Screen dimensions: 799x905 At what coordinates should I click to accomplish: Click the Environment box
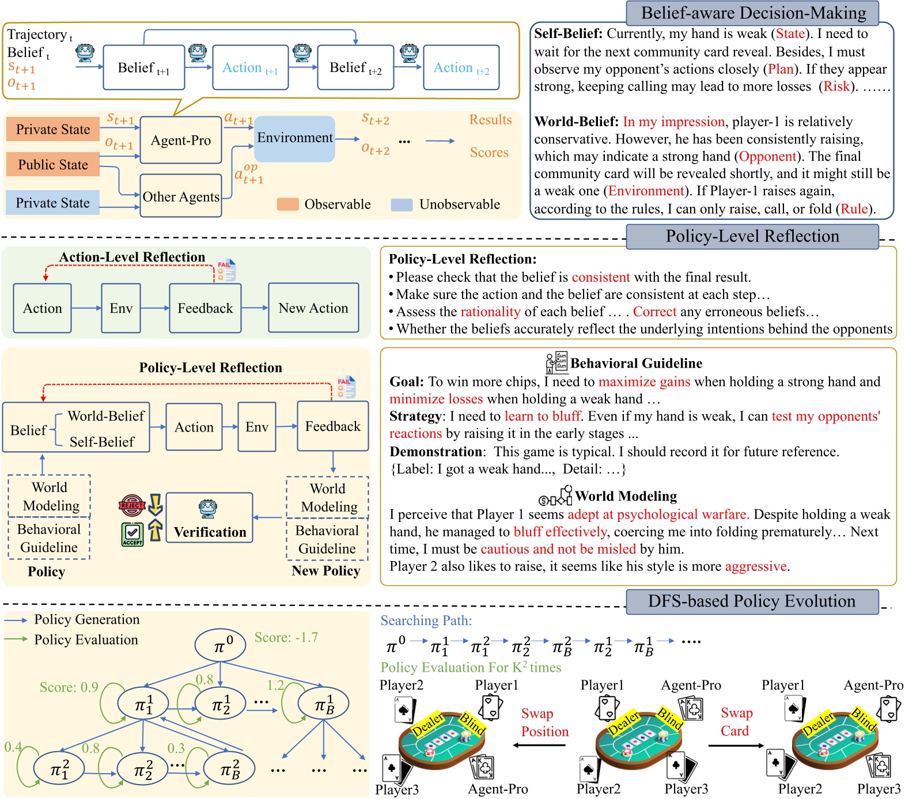pos(294,138)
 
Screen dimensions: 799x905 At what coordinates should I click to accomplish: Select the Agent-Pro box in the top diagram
pos(181,141)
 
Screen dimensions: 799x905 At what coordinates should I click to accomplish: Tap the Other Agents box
pos(181,196)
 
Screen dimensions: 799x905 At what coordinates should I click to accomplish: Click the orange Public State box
pos(53,165)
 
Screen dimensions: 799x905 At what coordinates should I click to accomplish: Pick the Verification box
pos(210,518)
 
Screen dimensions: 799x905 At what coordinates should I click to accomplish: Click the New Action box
pos(313,308)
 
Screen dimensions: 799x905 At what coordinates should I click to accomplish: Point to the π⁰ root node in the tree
pos(220,645)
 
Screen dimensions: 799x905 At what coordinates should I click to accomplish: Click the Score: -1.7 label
pos(286,638)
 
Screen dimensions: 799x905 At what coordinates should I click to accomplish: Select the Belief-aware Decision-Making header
pos(753,13)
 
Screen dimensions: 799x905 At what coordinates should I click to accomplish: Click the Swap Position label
pos(544,722)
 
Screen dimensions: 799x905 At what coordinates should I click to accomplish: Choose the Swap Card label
pos(736,722)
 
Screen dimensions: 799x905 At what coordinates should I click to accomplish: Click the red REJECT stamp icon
pos(131,505)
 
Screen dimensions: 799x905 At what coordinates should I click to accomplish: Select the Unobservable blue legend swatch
pos(402,205)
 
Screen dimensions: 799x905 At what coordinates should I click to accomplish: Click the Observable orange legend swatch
pos(287,205)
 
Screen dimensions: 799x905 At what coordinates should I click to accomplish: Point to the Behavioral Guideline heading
pos(636,363)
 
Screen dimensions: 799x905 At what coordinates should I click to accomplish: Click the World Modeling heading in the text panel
pos(626,496)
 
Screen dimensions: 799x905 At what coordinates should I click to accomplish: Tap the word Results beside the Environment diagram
pos(490,120)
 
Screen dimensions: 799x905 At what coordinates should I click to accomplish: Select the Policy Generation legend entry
pos(86,620)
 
